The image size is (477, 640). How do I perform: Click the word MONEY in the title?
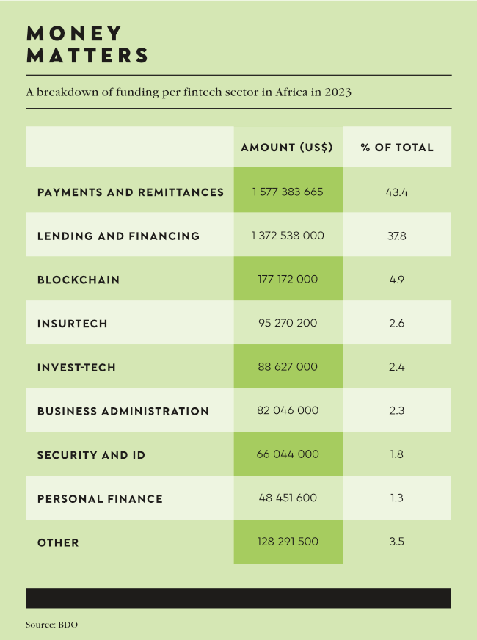74,33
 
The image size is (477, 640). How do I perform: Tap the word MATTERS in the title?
87,55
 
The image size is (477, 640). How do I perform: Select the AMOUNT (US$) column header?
287,148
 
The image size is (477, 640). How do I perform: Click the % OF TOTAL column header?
397,148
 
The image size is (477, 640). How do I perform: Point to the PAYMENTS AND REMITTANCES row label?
131,192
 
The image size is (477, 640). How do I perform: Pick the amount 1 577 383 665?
288,192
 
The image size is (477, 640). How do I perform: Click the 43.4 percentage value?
397,192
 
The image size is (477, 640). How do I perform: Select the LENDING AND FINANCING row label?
118,236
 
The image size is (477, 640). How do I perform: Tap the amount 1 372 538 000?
288,236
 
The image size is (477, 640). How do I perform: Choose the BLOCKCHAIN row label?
79,280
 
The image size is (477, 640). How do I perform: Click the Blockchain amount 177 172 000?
288,279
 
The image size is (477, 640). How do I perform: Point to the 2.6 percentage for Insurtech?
397,323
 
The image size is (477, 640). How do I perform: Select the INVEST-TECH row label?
76,367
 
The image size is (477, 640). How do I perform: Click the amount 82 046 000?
288,410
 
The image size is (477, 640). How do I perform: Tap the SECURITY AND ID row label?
91,455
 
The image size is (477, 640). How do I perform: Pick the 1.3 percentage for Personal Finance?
397,498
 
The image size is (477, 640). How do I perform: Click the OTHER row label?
58,542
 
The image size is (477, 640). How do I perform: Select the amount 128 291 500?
288,542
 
